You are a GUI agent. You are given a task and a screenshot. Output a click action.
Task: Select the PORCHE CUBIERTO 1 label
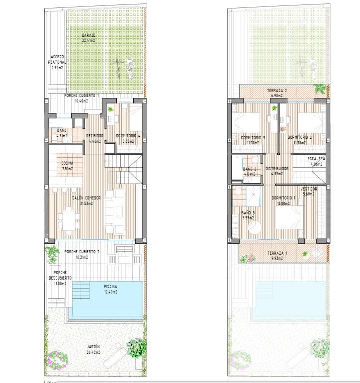tap(82, 95)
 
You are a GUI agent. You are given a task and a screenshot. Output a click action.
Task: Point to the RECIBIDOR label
tap(94, 135)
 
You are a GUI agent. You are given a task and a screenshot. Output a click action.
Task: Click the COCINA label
tap(68, 163)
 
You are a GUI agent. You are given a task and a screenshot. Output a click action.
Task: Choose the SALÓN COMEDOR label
tap(87, 198)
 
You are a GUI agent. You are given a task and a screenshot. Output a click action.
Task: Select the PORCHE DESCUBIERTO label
tap(63, 275)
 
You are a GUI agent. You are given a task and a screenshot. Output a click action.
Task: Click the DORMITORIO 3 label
tap(253, 137)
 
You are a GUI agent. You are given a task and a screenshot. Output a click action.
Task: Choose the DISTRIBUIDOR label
tap(277, 169)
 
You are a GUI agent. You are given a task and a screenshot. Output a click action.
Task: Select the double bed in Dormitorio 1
tap(288, 219)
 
